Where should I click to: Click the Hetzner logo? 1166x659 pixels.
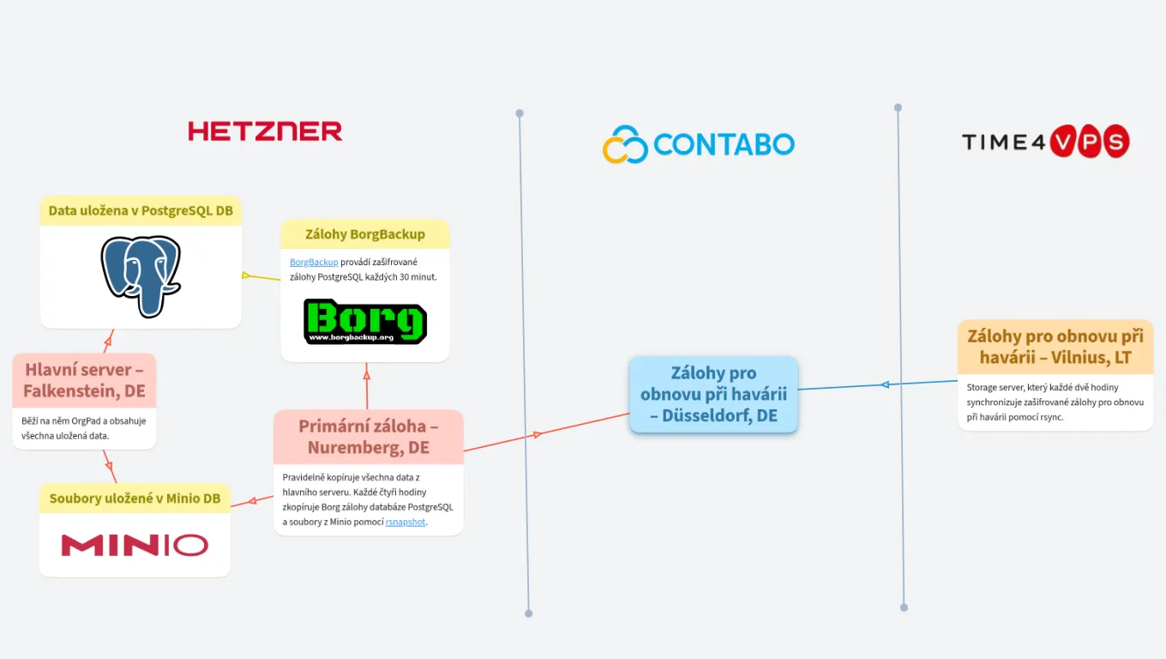265,131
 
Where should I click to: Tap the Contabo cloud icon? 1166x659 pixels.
625,144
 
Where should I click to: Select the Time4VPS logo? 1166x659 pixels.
1045,142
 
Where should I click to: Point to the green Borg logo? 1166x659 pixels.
365,322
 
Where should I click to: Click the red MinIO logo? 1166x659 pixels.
135,545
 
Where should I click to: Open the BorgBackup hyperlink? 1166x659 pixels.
314,262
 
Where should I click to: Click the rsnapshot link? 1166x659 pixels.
406,522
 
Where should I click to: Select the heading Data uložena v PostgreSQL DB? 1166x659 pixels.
141,211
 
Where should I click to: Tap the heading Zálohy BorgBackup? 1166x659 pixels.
365,234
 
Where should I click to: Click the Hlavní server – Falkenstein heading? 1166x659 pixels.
84,380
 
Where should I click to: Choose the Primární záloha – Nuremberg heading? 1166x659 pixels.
369,437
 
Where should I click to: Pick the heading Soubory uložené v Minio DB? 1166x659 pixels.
135,499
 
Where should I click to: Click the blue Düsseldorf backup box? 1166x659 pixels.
713,395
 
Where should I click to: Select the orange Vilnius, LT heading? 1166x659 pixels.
1055,347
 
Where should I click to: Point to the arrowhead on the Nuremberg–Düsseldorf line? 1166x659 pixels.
538,434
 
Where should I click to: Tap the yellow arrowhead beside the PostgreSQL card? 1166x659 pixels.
246,275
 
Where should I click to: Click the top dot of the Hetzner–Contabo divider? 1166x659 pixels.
520,113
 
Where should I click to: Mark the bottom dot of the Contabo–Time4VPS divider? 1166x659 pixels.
904,608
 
